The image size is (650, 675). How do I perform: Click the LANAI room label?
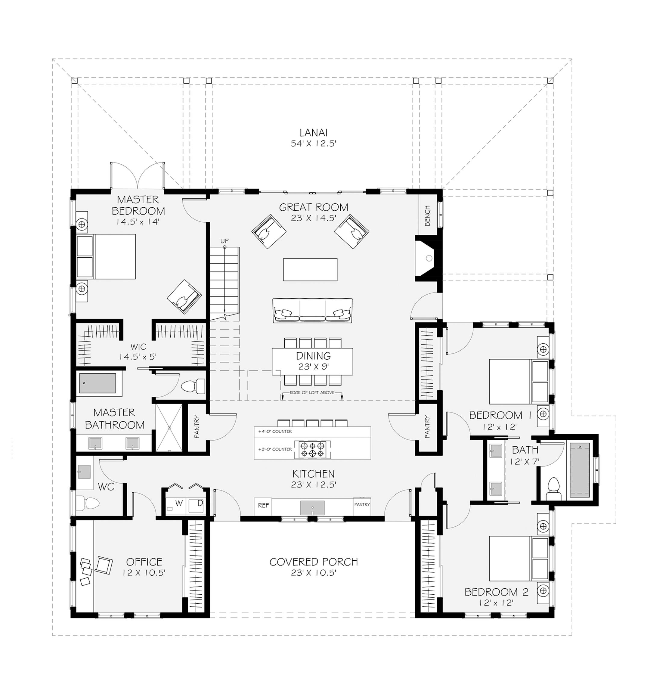pyautogui.click(x=313, y=133)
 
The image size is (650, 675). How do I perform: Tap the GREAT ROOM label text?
pyautogui.click(x=313, y=207)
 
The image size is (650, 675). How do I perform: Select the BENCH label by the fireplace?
pyautogui.click(x=427, y=215)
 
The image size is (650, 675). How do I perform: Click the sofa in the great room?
pyautogui.click(x=312, y=310)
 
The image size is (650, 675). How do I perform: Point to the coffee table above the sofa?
pyautogui.click(x=310, y=270)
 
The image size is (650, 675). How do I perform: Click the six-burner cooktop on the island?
pyautogui.click(x=312, y=449)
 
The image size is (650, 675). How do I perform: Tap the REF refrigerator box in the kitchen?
pyautogui.click(x=263, y=505)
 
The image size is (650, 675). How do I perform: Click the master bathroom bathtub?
pyautogui.click(x=97, y=383)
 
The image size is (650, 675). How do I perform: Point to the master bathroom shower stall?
pyautogui.click(x=169, y=427)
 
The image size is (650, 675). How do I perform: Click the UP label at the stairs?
pyautogui.click(x=224, y=241)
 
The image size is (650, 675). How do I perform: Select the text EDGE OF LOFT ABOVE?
pyautogui.click(x=312, y=392)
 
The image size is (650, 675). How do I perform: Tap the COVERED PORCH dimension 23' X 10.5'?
pyautogui.click(x=313, y=572)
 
